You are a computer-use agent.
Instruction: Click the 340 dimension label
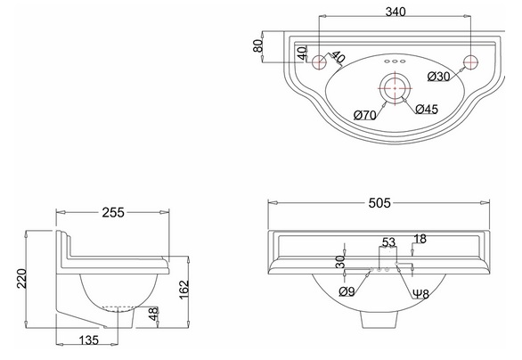tap(396, 12)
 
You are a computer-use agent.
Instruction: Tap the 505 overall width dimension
tap(379, 202)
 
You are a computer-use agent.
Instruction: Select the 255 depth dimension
tap(113, 212)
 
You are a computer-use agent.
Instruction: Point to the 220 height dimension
tap(21, 278)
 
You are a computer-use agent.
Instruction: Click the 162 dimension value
tap(184, 290)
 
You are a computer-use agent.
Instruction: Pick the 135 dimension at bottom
tap(89, 340)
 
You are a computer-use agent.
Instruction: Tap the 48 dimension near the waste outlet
tap(153, 314)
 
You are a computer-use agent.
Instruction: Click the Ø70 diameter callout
tap(365, 115)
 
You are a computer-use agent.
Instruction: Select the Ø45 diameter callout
tap(427, 109)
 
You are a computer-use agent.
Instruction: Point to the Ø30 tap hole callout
tap(439, 77)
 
